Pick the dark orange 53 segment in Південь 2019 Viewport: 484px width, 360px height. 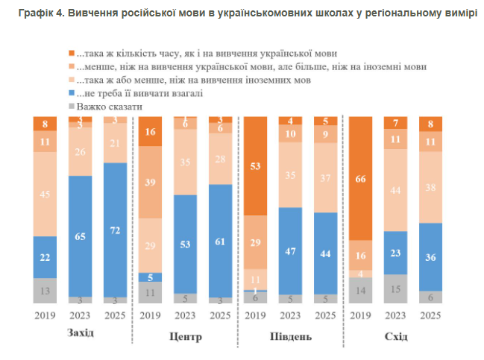coord(256,166)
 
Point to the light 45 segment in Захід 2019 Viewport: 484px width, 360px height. coord(45,195)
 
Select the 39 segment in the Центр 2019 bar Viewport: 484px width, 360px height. coord(149,182)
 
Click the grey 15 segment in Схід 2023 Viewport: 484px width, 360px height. coord(395,288)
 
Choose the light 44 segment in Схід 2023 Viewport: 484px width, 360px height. coord(395,191)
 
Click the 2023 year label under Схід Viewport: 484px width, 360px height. coord(395,315)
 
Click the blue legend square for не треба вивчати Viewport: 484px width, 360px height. coord(72,94)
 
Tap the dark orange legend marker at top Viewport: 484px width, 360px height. coord(72,54)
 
